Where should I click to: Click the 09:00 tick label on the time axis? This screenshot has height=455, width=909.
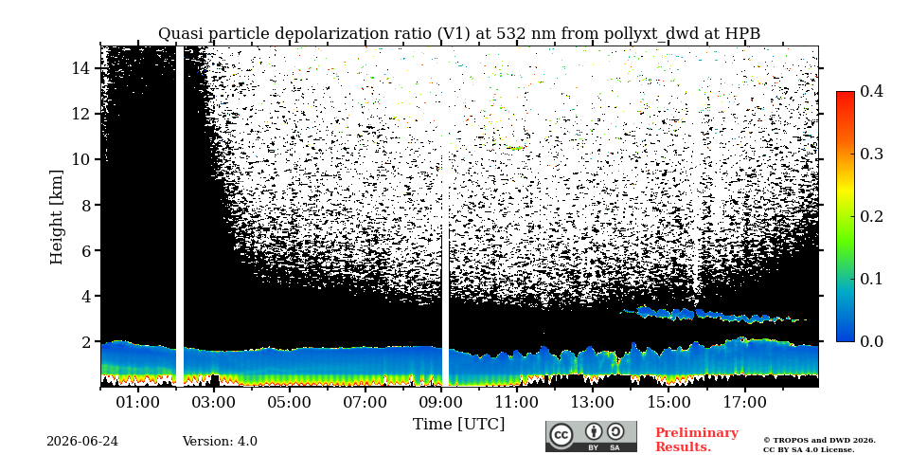pos(441,402)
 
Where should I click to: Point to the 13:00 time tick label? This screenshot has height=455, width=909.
pos(593,402)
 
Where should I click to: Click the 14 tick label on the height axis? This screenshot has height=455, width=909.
pos(82,68)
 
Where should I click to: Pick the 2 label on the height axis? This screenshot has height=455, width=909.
pos(87,342)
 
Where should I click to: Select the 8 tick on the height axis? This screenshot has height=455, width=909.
pos(87,205)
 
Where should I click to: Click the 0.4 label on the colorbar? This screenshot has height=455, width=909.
pos(870,91)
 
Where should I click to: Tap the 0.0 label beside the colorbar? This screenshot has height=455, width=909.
pos(870,341)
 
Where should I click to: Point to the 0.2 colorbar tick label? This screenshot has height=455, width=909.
pos(870,216)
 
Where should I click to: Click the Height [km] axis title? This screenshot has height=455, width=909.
pos(56,217)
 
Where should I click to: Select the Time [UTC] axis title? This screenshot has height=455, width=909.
pos(458,425)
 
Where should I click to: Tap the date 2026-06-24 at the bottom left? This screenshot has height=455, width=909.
pos(82,442)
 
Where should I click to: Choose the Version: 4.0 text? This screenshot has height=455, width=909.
pos(220,442)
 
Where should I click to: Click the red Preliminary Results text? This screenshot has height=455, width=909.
pos(697,440)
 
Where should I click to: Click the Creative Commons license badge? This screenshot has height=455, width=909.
pos(591,436)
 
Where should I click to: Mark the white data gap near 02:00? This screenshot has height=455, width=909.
pos(180,216)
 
